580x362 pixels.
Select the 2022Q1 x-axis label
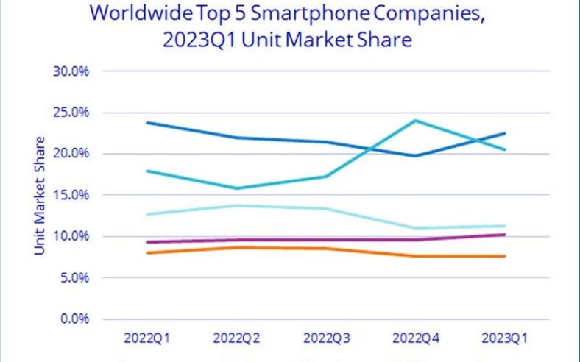coord(149,338)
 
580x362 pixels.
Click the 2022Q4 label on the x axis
coord(416,338)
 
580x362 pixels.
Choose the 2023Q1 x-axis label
coord(504,338)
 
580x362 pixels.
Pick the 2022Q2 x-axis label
coord(238,338)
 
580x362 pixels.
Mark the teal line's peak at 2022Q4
coord(416,121)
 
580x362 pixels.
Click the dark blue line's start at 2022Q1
coord(149,123)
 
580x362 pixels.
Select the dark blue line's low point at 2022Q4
coord(416,155)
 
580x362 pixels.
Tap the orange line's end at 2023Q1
coord(504,256)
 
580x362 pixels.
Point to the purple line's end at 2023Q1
coord(504,235)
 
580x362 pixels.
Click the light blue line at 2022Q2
coord(238,205)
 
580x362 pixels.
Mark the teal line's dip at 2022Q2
coord(238,188)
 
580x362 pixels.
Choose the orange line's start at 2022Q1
coord(149,253)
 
